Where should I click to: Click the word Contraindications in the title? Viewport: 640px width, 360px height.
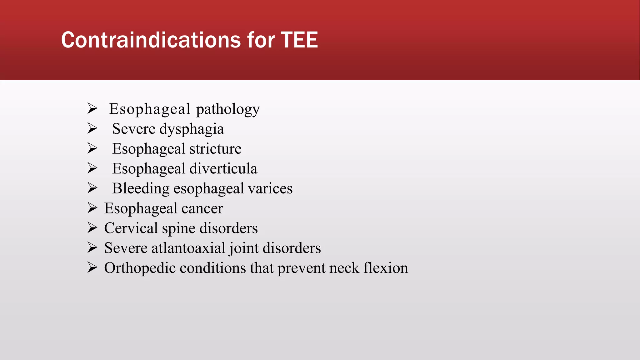click(x=151, y=40)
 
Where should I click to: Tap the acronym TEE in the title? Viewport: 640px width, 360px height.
click(x=299, y=40)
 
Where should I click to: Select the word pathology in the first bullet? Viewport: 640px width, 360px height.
click(x=228, y=109)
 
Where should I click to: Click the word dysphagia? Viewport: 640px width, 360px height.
click(x=192, y=129)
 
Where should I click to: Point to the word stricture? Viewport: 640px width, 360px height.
click(x=215, y=149)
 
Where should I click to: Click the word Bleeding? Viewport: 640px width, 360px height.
click(x=141, y=189)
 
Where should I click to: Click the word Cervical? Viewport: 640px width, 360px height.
click(x=131, y=228)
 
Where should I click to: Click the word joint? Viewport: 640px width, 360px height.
click(x=244, y=248)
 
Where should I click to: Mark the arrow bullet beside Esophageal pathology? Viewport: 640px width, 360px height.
click(x=92, y=109)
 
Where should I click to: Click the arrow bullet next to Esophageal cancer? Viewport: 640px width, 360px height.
click(x=92, y=208)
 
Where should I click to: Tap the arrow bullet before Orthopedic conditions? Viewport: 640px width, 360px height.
click(x=92, y=268)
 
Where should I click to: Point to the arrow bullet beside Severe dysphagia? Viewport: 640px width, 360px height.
click(x=92, y=129)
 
